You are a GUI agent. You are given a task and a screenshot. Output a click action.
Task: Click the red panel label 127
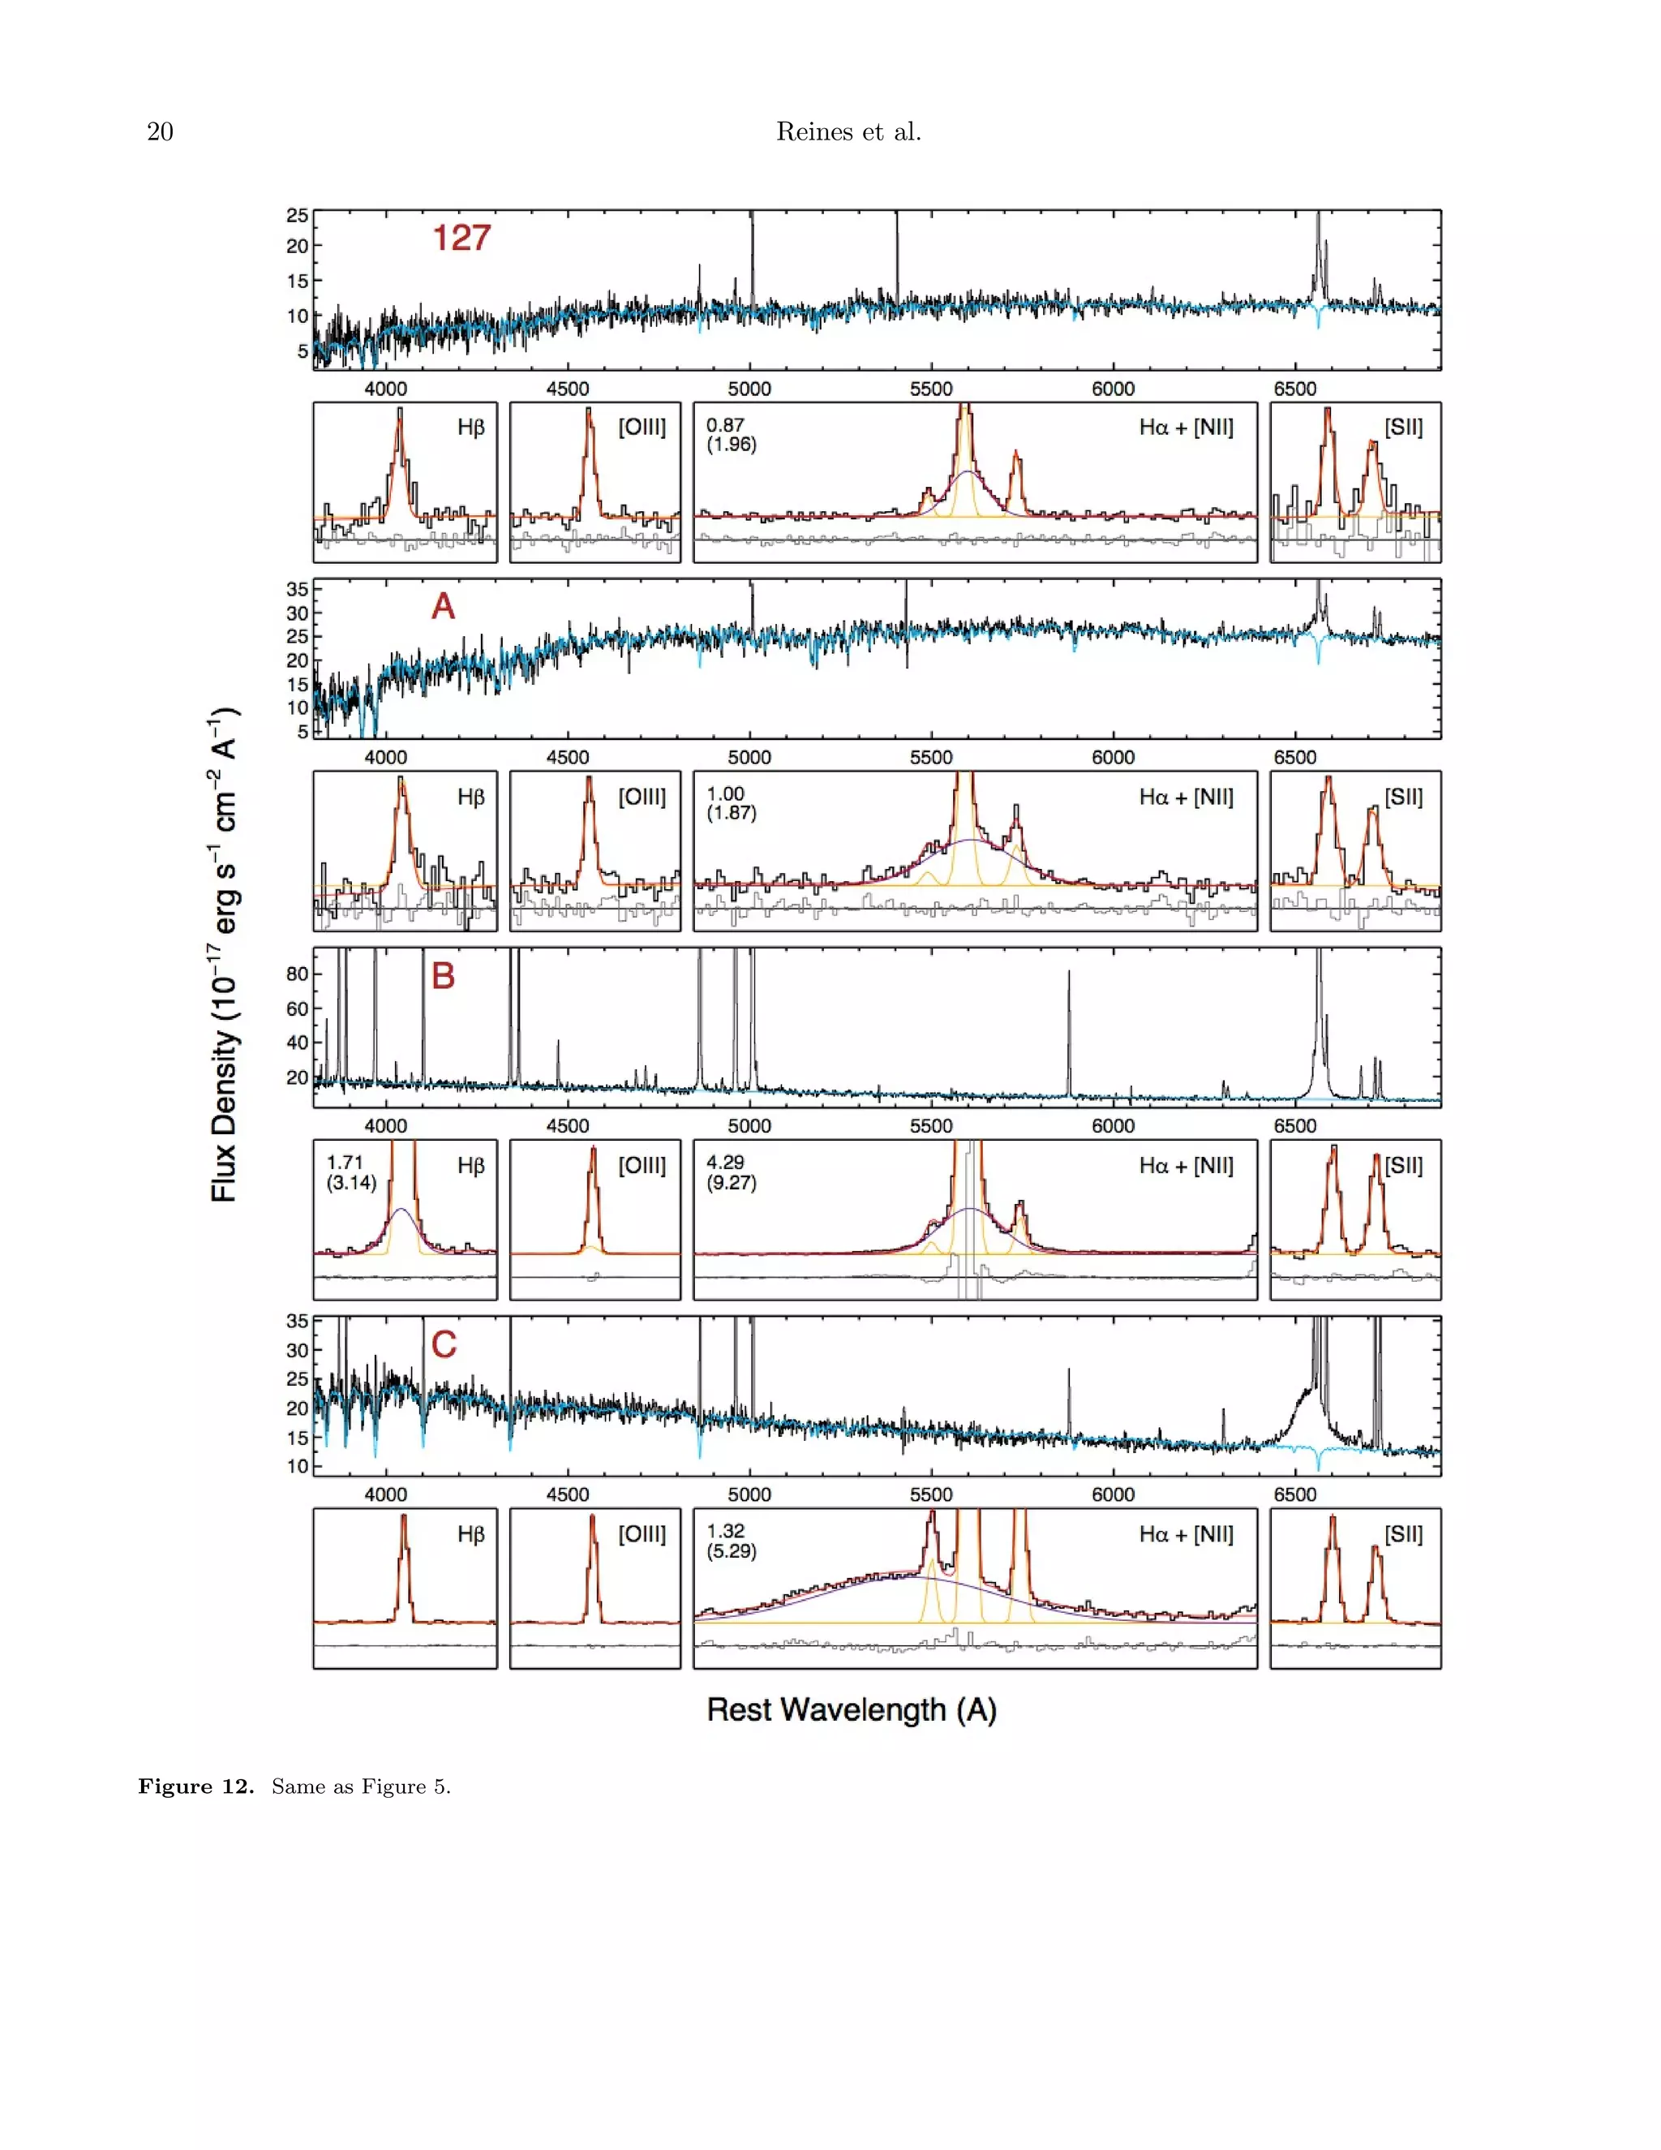point(461,239)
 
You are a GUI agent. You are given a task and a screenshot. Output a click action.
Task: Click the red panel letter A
point(443,606)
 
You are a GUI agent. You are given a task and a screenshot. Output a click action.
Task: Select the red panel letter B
point(443,975)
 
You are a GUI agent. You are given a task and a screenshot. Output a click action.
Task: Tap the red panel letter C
point(444,1344)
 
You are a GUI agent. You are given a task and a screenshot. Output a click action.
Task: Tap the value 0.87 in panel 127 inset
point(725,425)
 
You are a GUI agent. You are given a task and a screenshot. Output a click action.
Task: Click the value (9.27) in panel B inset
point(731,1182)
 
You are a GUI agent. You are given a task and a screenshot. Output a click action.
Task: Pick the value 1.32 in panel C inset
point(725,1531)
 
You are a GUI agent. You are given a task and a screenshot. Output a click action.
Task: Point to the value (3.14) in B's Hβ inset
point(351,1182)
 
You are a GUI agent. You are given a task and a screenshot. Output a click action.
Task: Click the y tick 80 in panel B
point(297,974)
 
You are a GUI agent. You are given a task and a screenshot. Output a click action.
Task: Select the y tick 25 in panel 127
point(297,216)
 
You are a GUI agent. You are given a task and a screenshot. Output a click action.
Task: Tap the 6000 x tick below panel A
point(1113,757)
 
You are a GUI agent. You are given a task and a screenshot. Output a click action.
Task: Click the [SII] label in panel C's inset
point(1403,1533)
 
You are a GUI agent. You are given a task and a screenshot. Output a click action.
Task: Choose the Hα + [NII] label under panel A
point(1186,798)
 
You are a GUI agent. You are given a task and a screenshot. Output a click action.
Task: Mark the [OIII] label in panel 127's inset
point(642,428)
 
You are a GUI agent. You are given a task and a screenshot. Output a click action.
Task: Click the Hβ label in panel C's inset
point(471,1533)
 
